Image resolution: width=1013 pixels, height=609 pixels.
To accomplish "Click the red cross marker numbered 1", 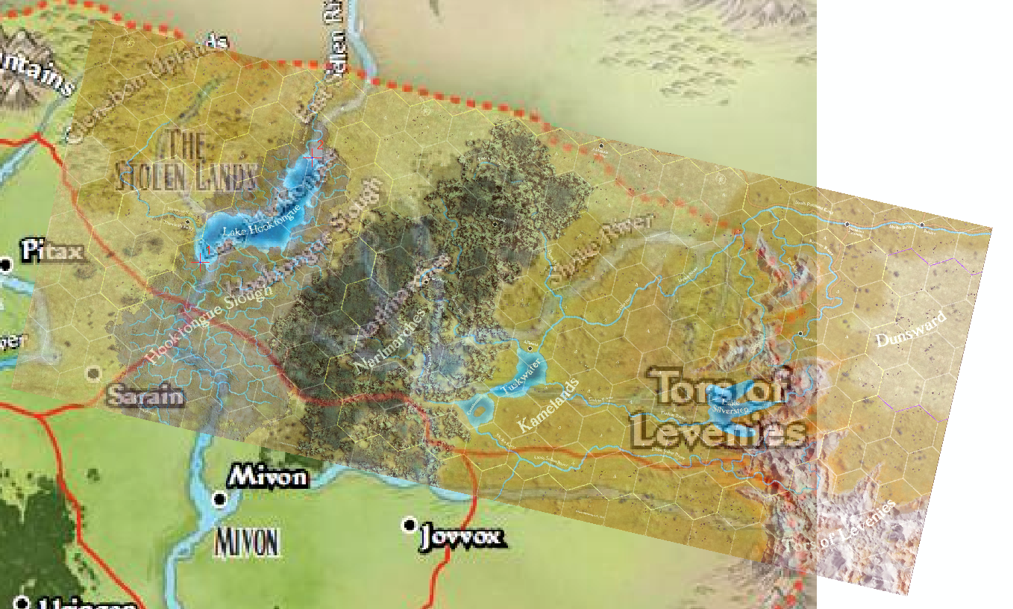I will (x=201, y=257).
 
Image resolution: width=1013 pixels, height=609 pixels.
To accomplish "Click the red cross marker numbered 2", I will (x=313, y=157).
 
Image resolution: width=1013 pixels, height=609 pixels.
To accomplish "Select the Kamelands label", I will (x=548, y=406).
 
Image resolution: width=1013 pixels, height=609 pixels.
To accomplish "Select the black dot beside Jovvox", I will (x=409, y=525).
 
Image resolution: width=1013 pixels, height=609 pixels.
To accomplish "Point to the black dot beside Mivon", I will (x=219, y=499).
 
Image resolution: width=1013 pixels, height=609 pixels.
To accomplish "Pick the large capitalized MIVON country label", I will (x=248, y=543).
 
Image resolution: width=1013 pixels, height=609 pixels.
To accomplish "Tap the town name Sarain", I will (x=145, y=396).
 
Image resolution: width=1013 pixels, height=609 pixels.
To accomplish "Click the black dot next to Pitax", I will (x=7, y=264).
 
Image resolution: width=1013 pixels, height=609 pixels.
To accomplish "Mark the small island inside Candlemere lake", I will (x=478, y=407).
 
